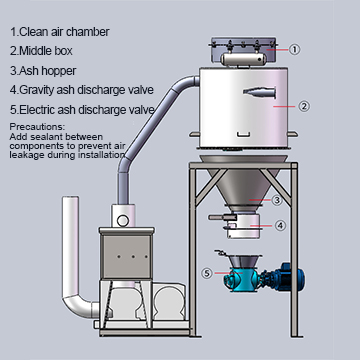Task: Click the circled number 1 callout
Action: (x=294, y=50)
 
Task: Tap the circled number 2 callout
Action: (x=304, y=107)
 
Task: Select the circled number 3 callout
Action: (x=277, y=200)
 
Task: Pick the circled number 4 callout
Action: (x=280, y=226)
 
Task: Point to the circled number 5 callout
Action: (x=207, y=273)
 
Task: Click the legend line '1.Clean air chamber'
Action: (x=60, y=32)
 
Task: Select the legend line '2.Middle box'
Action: (x=41, y=51)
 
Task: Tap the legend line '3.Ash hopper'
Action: (x=43, y=71)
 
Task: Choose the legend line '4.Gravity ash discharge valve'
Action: (x=82, y=90)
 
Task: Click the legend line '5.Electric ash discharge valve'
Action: (x=82, y=110)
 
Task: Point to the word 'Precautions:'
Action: (x=37, y=127)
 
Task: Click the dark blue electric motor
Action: (x=289, y=276)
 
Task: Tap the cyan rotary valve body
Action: (x=241, y=279)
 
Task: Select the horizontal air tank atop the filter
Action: (x=243, y=59)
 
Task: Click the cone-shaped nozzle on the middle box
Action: (x=259, y=93)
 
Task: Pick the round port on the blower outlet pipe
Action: (x=123, y=221)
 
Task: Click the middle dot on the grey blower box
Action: (x=133, y=257)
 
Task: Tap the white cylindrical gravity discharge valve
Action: (x=243, y=226)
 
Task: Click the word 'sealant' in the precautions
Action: (x=49, y=137)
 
